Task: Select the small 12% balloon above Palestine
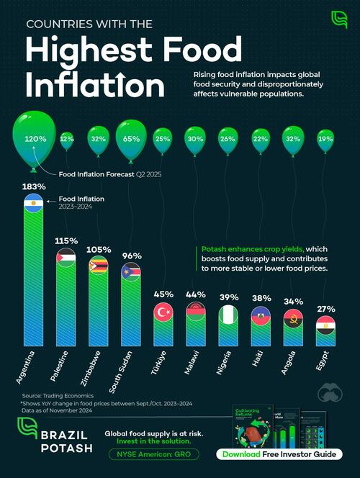(x=66, y=137)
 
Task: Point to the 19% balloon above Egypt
(x=326, y=138)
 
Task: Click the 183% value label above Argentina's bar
(x=34, y=187)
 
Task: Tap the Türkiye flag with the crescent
(x=164, y=312)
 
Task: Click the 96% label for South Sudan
(x=132, y=255)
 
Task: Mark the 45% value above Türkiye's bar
(x=164, y=294)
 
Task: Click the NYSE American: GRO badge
(x=150, y=455)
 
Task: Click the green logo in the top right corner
(x=338, y=19)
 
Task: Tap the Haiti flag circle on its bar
(x=261, y=317)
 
